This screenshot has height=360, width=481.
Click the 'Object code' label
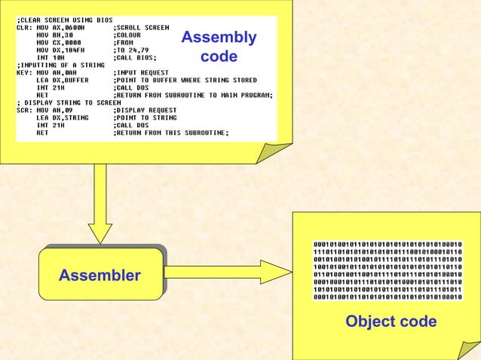pyautogui.click(x=391, y=322)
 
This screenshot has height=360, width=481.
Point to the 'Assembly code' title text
pyautogui.click(x=219, y=47)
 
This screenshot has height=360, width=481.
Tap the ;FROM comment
pyautogui.click(x=125, y=42)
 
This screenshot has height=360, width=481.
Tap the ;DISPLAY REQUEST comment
pyautogui.click(x=147, y=111)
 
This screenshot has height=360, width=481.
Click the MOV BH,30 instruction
pyautogui.click(x=56, y=35)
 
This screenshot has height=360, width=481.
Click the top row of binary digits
pyautogui.click(x=388, y=244)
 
